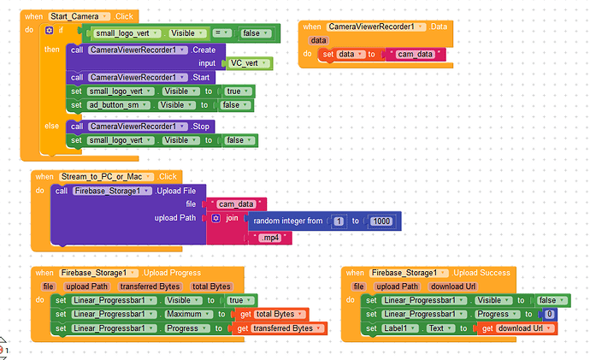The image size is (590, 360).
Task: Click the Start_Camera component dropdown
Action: click(79, 16)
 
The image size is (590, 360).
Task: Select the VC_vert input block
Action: click(250, 63)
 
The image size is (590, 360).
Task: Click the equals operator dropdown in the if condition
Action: click(221, 33)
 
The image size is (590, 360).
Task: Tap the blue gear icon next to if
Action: click(50, 30)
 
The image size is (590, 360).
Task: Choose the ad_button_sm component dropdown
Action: click(119, 105)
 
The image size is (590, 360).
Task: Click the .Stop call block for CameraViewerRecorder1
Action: click(140, 127)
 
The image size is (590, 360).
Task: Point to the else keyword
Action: click(51, 126)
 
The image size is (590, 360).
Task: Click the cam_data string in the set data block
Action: click(416, 54)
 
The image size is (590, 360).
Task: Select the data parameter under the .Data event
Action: click(319, 40)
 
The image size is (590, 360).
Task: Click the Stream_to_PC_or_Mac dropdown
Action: click(106, 177)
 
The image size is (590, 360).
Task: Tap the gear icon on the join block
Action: click(215, 218)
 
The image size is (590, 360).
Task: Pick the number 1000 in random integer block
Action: click(381, 221)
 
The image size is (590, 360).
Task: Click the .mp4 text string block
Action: click(270, 238)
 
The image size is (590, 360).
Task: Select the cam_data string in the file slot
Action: click(236, 204)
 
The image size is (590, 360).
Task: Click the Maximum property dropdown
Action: click(188, 314)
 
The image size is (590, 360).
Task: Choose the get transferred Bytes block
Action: click(280, 328)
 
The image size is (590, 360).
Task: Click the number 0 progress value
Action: click(550, 314)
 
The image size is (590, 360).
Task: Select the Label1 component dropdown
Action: click(400, 328)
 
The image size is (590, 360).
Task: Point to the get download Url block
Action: click(517, 328)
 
